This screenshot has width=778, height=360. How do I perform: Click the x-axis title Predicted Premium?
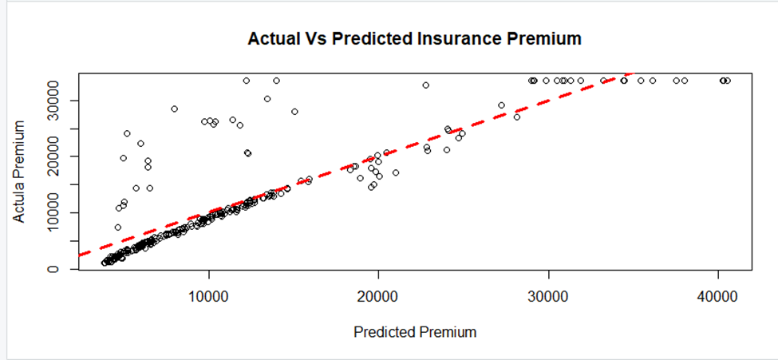415,332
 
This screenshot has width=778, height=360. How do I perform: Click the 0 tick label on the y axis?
53,269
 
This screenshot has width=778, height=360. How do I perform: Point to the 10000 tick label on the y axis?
53,213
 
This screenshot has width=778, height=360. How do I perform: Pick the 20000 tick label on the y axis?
53,156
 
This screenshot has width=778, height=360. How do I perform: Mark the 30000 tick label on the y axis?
53,101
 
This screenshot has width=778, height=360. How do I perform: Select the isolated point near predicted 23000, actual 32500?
426,85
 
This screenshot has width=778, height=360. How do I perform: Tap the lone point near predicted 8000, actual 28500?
174,109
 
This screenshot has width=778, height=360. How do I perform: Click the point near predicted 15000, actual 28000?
294,112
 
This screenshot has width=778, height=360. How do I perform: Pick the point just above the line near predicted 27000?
501,105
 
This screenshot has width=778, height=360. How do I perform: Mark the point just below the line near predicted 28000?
517,117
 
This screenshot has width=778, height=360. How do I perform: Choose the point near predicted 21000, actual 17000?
396,172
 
